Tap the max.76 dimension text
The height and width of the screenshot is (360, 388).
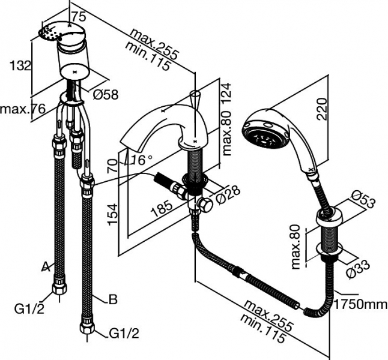(22, 109)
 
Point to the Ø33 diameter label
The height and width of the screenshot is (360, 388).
(358, 268)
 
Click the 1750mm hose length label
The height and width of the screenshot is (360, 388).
(361, 304)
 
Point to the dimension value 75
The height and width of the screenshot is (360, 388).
(75, 16)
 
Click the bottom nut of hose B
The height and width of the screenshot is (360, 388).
(88, 328)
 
